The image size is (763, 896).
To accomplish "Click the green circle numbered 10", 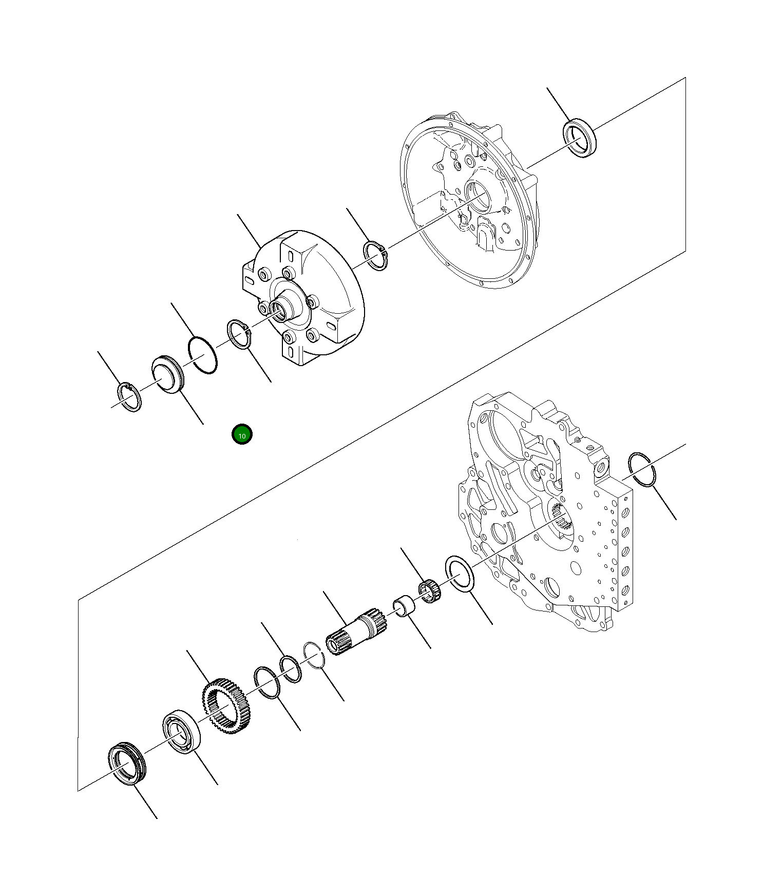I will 242,435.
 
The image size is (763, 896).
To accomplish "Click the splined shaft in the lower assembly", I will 356,631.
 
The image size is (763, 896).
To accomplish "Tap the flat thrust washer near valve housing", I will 461,574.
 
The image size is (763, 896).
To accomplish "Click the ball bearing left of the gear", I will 181,732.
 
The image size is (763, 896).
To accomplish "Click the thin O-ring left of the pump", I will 202,355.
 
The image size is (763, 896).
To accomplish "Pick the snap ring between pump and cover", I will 376,255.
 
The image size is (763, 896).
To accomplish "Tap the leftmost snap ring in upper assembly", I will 129,397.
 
